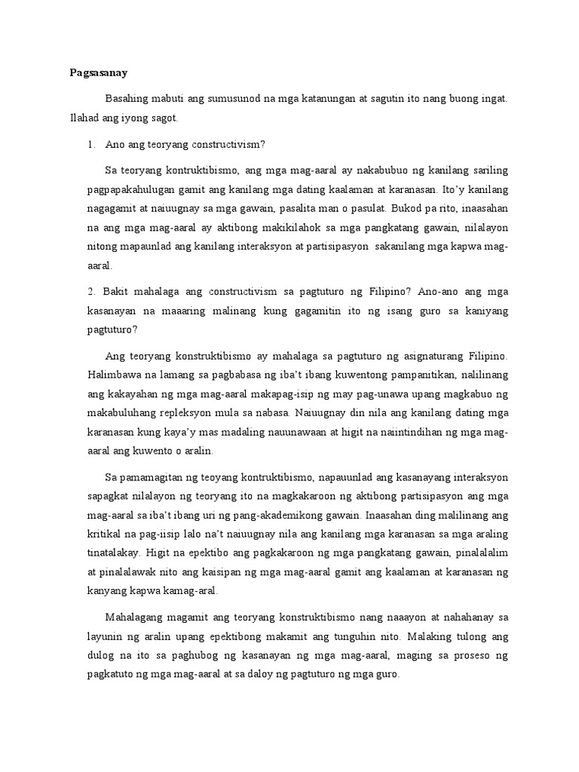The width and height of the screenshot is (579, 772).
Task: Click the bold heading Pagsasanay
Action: click(94, 73)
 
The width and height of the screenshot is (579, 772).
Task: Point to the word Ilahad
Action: click(84, 119)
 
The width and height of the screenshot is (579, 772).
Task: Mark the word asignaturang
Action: click(424, 354)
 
